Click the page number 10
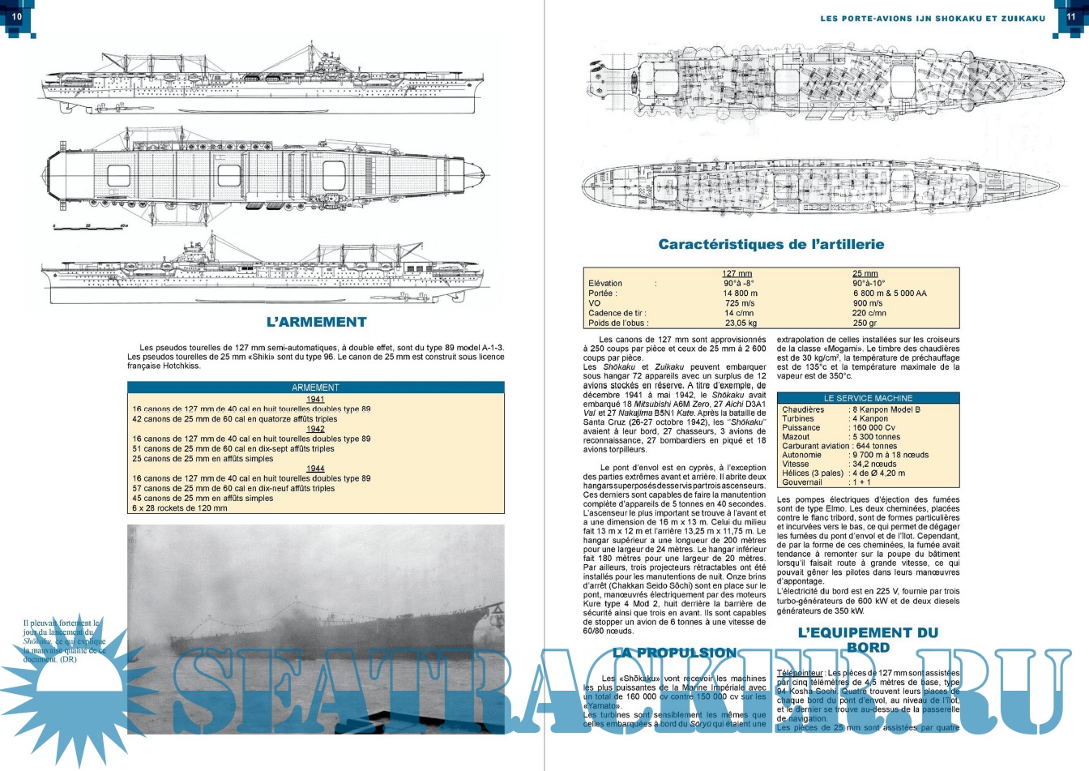click(x=16, y=16)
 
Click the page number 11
click(x=1070, y=16)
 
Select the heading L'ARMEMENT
click(x=316, y=322)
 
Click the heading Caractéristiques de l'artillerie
click(x=771, y=244)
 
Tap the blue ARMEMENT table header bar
click(x=315, y=388)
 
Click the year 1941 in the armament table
click(x=315, y=399)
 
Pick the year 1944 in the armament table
click(x=315, y=469)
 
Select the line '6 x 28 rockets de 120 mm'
click(x=180, y=508)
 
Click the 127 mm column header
click(x=737, y=274)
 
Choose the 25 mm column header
click(x=865, y=274)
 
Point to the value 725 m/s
click(x=739, y=303)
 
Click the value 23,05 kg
click(x=741, y=323)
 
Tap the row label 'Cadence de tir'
click(x=617, y=313)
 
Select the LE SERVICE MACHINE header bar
click(x=868, y=398)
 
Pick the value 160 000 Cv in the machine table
click(x=873, y=428)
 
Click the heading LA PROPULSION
click(x=674, y=653)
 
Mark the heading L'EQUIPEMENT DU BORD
click(x=868, y=640)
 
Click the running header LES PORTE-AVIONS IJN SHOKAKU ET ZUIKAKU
click(x=933, y=18)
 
